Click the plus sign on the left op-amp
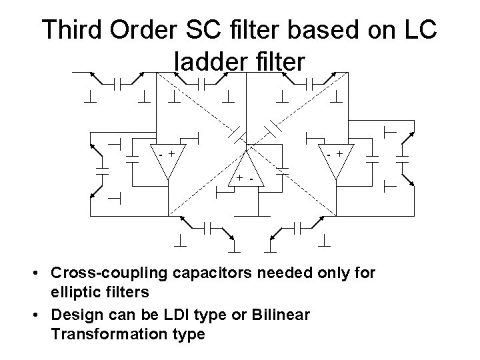pyautogui.click(x=173, y=153)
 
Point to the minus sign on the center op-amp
pyautogui.click(x=251, y=179)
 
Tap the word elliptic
pyautogui.click(x=72, y=291)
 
